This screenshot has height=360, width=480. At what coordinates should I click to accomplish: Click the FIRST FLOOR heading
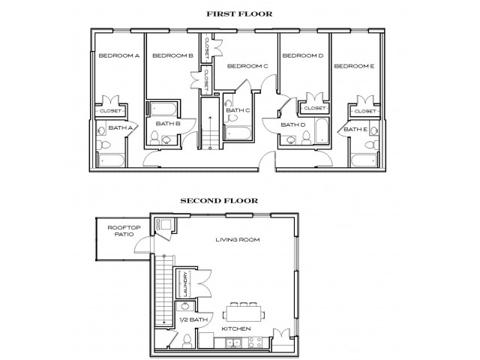tap(239, 14)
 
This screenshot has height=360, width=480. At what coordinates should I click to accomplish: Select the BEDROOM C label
tap(247, 66)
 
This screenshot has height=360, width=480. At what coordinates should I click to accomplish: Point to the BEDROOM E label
tap(353, 66)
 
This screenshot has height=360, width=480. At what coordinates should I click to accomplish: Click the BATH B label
tap(166, 123)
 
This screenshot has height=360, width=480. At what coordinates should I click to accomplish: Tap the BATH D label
tap(292, 124)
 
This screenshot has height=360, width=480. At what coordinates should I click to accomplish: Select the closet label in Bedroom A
tap(109, 111)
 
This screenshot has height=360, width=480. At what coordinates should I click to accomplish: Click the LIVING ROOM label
tap(232, 239)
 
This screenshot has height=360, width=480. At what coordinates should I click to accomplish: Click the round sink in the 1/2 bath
tap(182, 308)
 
